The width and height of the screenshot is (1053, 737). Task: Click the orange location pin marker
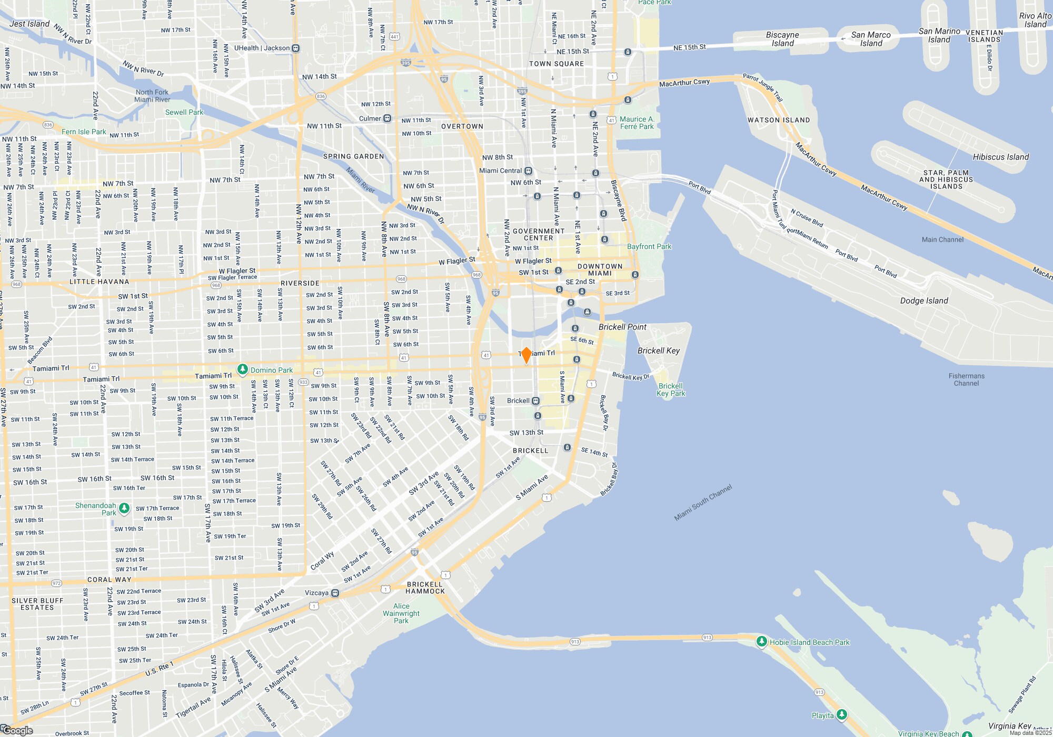526,355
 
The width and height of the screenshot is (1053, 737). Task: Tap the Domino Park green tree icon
243,370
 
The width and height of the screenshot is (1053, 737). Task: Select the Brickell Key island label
658,351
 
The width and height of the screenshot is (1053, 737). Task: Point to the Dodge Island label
923,301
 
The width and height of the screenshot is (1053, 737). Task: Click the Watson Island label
778,120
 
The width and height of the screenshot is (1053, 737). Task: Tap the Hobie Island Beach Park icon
761,642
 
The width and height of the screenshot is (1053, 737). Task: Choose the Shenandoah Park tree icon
124,509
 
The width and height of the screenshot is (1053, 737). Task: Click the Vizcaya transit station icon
335,593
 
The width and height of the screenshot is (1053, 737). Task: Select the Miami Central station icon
529,171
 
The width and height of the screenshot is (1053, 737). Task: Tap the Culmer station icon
388,118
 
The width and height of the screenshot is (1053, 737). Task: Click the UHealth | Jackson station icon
296,48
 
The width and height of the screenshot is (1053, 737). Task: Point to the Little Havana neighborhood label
100,282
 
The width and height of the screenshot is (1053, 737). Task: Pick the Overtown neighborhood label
462,126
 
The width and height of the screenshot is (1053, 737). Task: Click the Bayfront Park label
649,246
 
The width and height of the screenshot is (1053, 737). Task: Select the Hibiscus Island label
1000,157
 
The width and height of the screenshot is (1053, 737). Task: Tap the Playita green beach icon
842,714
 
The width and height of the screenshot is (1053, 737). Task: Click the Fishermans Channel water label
966,380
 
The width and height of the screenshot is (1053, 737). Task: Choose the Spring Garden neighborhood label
353,156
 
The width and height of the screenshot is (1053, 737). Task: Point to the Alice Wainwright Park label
401,613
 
